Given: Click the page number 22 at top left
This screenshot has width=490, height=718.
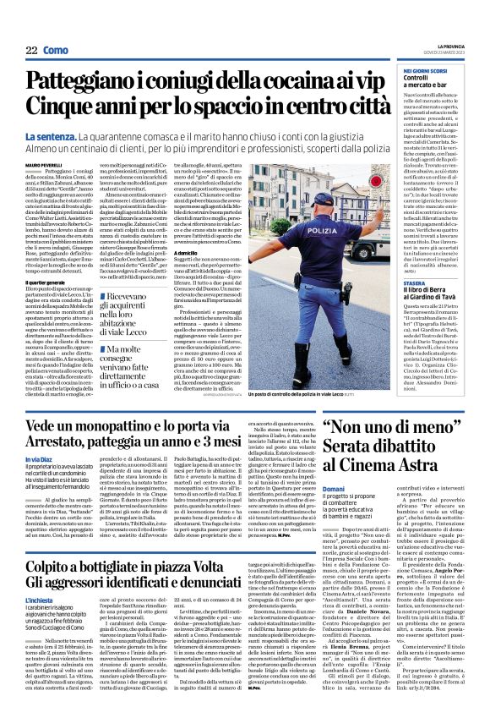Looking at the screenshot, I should point(31,51).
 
